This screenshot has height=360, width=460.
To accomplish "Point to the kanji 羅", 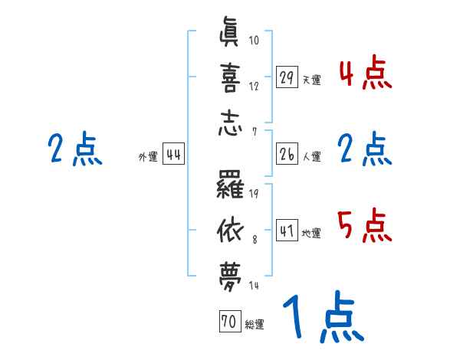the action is pyautogui.click(x=229, y=184).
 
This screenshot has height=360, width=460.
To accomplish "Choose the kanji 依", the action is pyautogui.click(x=229, y=227).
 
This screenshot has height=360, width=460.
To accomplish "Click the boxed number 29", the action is pyautogui.click(x=287, y=77).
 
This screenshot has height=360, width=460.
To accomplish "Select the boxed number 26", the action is pyautogui.click(x=287, y=155).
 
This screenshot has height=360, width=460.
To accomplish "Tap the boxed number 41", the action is pyautogui.click(x=287, y=230).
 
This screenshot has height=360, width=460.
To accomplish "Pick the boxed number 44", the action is pyautogui.click(x=173, y=155).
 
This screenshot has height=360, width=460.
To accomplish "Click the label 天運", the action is pyautogui.click(x=311, y=80).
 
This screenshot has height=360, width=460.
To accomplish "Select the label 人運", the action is pyautogui.click(x=311, y=157).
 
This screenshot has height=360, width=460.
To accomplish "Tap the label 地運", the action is pyautogui.click(x=311, y=233).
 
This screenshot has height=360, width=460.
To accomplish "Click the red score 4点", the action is pyautogui.click(x=365, y=74).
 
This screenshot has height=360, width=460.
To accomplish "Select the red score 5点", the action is pyautogui.click(x=365, y=225).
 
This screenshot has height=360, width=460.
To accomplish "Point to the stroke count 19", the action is pyautogui.click(x=255, y=192).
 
